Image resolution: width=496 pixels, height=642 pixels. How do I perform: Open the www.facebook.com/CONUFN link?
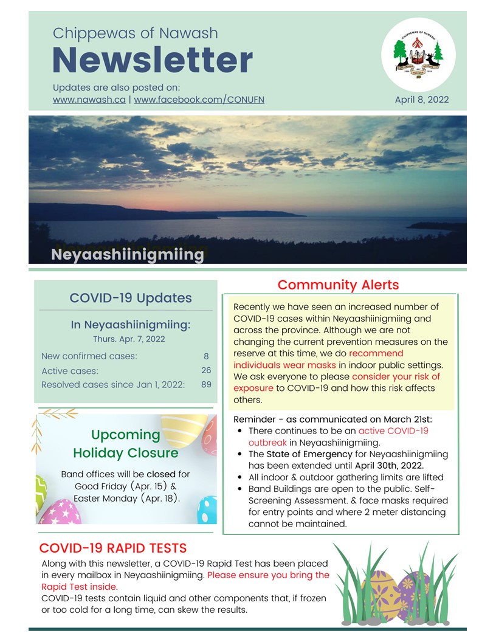coord(199,99)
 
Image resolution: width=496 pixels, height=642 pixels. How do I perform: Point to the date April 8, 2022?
coord(422,99)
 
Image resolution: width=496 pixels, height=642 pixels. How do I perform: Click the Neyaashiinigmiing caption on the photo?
coord(128,254)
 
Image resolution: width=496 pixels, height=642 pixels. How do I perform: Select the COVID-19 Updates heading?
coord(131,298)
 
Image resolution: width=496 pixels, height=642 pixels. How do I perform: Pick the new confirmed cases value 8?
coord(206,356)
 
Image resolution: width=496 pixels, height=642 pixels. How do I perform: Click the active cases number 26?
coord(206,370)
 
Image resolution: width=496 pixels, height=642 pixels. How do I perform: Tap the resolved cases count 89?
coord(206,385)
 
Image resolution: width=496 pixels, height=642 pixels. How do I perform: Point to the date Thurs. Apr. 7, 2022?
coord(129,339)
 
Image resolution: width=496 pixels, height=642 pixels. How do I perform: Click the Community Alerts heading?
coord(338,285)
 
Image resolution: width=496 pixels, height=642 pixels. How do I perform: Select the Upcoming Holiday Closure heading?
coord(126,444)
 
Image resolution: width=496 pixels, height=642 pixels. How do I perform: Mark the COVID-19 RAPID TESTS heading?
coord(113,548)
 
